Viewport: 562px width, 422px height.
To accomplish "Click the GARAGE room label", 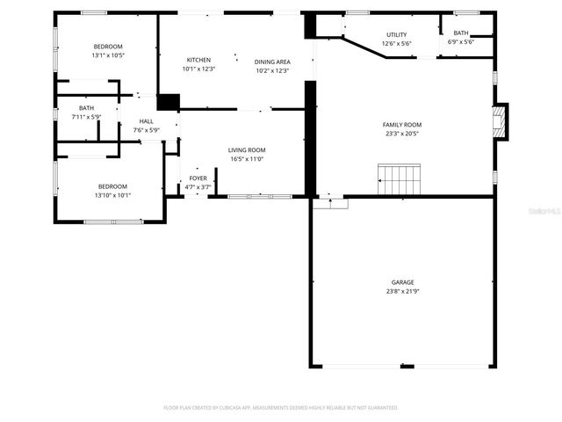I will click(402, 282).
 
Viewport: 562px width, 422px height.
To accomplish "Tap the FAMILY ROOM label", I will click(401, 125).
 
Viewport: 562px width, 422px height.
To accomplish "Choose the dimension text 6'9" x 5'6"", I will click(460, 42).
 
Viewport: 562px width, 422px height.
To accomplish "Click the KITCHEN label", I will click(198, 60).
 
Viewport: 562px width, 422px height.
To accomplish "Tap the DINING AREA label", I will click(271, 62).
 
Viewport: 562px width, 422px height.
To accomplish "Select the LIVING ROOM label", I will click(247, 150).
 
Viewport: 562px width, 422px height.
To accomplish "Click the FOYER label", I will click(198, 178).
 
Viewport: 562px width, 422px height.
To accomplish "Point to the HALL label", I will click(146, 121).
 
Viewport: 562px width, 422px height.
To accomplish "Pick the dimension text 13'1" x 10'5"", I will click(108, 55).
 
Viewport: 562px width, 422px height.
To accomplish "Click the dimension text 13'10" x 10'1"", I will click(112, 195).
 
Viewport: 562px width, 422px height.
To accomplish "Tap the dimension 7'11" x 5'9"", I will click(86, 116).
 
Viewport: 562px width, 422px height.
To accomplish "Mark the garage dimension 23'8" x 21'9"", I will click(402, 291).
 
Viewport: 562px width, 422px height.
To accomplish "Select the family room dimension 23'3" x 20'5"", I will click(401, 134).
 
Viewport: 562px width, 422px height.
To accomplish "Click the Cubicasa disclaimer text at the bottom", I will click(280, 408).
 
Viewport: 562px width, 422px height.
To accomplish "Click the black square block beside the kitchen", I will click(168, 102).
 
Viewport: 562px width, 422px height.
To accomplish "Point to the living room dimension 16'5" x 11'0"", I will click(247, 159).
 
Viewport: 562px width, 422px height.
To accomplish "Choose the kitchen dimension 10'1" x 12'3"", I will click(198, 69).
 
